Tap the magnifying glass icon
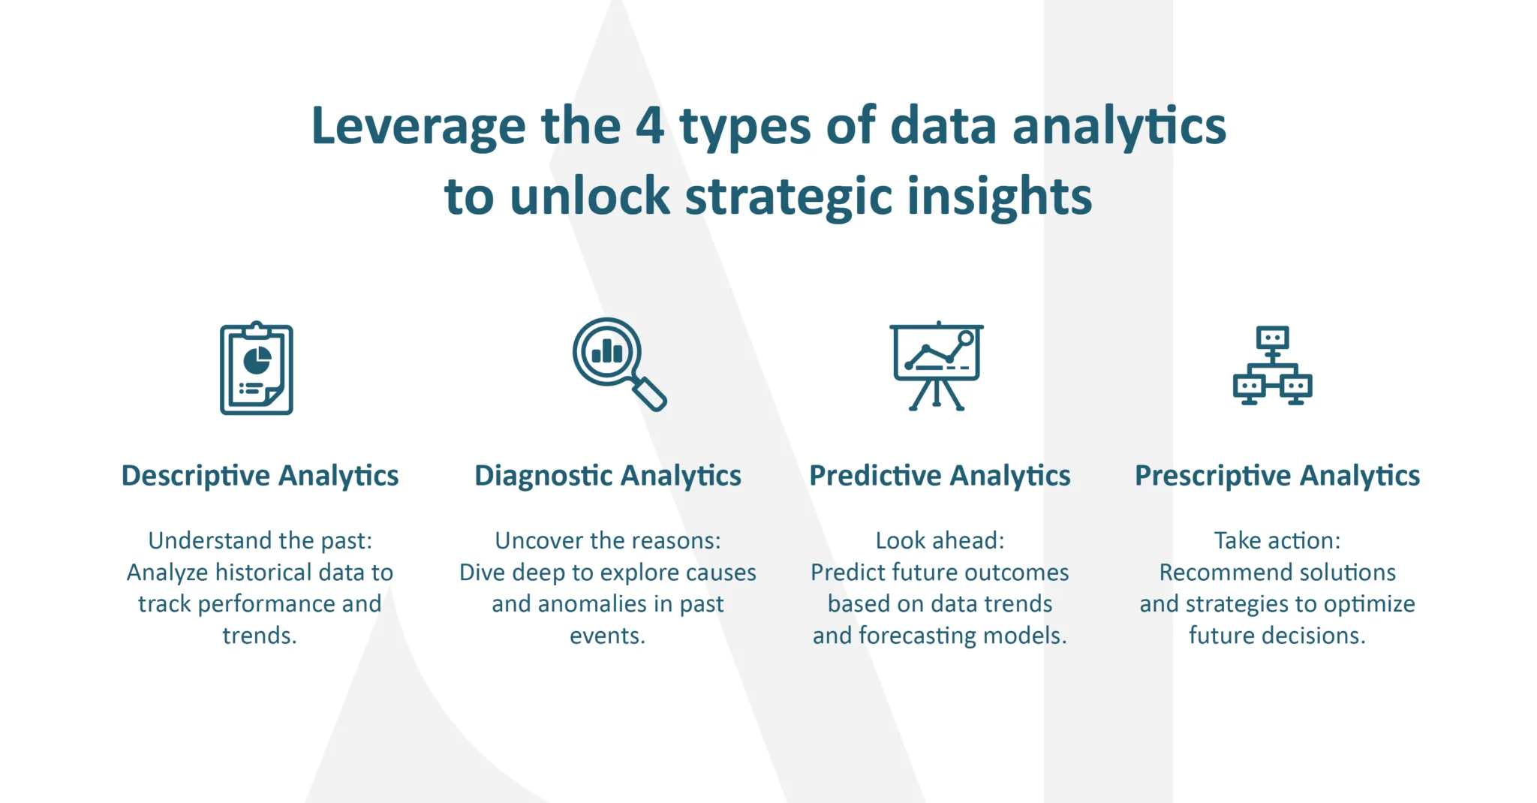[619, 364]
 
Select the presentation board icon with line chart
[937, 365]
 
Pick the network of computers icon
[1273, 365]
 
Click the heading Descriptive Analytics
[260, 476]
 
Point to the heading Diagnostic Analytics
[608, 476]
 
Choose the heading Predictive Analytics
[940, 476]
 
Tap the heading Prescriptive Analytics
[1277, 476]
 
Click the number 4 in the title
[650, 125]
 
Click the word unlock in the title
[590, 195]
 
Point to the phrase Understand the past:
[260, 540]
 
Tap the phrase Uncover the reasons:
[608, 540]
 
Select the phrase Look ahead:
[940, 540]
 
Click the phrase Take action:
[1277, 540]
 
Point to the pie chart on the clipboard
[257, 360]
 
